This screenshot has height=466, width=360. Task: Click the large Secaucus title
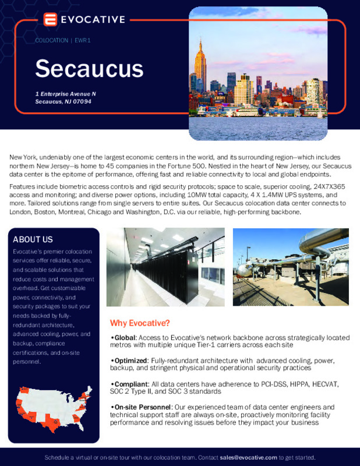[x=89, y=68]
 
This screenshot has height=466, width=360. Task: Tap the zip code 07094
[x=80, y=101]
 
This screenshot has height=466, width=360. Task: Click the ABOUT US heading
[x=33, y=239]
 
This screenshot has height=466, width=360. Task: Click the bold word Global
[x=123, y=338]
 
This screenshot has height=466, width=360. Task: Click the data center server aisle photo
[x=165, y=267]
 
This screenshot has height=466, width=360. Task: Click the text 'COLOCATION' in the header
[x=51, y=40]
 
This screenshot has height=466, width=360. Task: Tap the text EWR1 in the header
[x=82, y=40]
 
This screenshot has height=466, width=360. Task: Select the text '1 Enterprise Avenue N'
[x=65, y=94]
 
